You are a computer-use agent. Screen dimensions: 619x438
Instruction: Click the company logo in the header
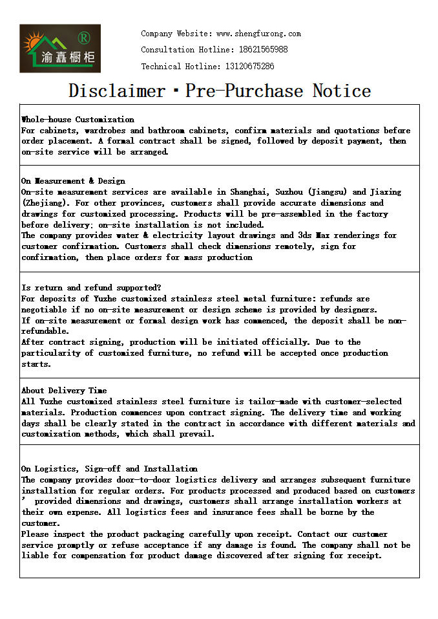60,49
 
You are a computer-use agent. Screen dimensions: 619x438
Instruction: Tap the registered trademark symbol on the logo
83,36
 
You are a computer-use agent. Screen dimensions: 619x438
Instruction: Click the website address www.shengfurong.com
258,34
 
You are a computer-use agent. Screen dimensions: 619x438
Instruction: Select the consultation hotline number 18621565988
256,50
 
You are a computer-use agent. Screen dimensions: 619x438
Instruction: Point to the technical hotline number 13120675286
249,67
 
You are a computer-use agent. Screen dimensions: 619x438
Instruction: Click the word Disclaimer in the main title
117,91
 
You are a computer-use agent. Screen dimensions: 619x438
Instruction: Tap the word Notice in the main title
342,91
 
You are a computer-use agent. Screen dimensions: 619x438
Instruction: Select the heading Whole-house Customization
78,120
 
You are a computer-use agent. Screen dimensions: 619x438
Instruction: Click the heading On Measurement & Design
73,181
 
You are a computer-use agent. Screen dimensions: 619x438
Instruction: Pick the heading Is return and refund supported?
91,288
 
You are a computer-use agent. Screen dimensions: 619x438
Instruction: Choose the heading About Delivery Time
64,391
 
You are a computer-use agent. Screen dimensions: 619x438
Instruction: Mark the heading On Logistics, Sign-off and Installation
109,469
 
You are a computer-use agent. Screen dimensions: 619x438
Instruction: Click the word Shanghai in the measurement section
250,192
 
